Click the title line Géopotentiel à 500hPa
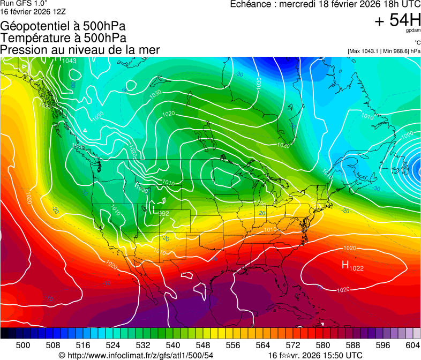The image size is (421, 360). point(64,26)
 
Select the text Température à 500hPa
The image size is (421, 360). point(64,38)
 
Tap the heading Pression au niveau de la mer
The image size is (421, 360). point(80,50)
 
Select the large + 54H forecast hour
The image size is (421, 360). point(397,20)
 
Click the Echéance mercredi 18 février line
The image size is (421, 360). point(325,4)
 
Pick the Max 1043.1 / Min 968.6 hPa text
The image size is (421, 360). point(384,51)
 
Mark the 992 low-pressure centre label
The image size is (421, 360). point(163,213)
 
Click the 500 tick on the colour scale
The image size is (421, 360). point(23,345)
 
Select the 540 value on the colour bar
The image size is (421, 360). point(173,345)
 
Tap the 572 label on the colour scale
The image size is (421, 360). point(293,345)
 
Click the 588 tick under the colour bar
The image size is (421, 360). point(353,345)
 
